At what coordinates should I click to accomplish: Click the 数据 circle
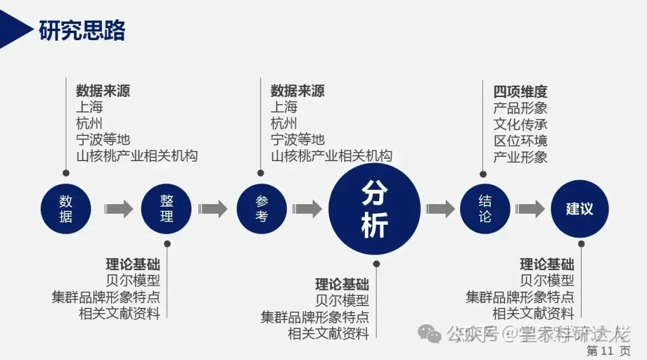(65, 208)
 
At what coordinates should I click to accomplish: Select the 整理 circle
(166, 208)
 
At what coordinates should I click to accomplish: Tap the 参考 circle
(261, 208)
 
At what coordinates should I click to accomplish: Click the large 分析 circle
(375, 208)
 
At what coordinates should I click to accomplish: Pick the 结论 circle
(485, 208)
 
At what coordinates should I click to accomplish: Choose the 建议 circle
(579, 208)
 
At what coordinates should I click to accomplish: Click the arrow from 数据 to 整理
(118, 208)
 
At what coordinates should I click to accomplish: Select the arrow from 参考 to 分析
(307, 208)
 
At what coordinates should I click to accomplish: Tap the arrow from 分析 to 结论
(440, 208)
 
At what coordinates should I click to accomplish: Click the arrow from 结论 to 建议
(530, 208)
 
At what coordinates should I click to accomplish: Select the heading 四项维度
(520, 92)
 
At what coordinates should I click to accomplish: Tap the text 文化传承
(520, 125)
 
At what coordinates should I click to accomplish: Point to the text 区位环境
(520, 141)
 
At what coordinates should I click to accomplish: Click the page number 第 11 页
(608, 350)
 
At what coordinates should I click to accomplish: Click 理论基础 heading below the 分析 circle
(342, 284)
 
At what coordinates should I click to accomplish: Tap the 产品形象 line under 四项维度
(520, 108)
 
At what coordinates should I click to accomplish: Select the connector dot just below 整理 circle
(167, 243)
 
